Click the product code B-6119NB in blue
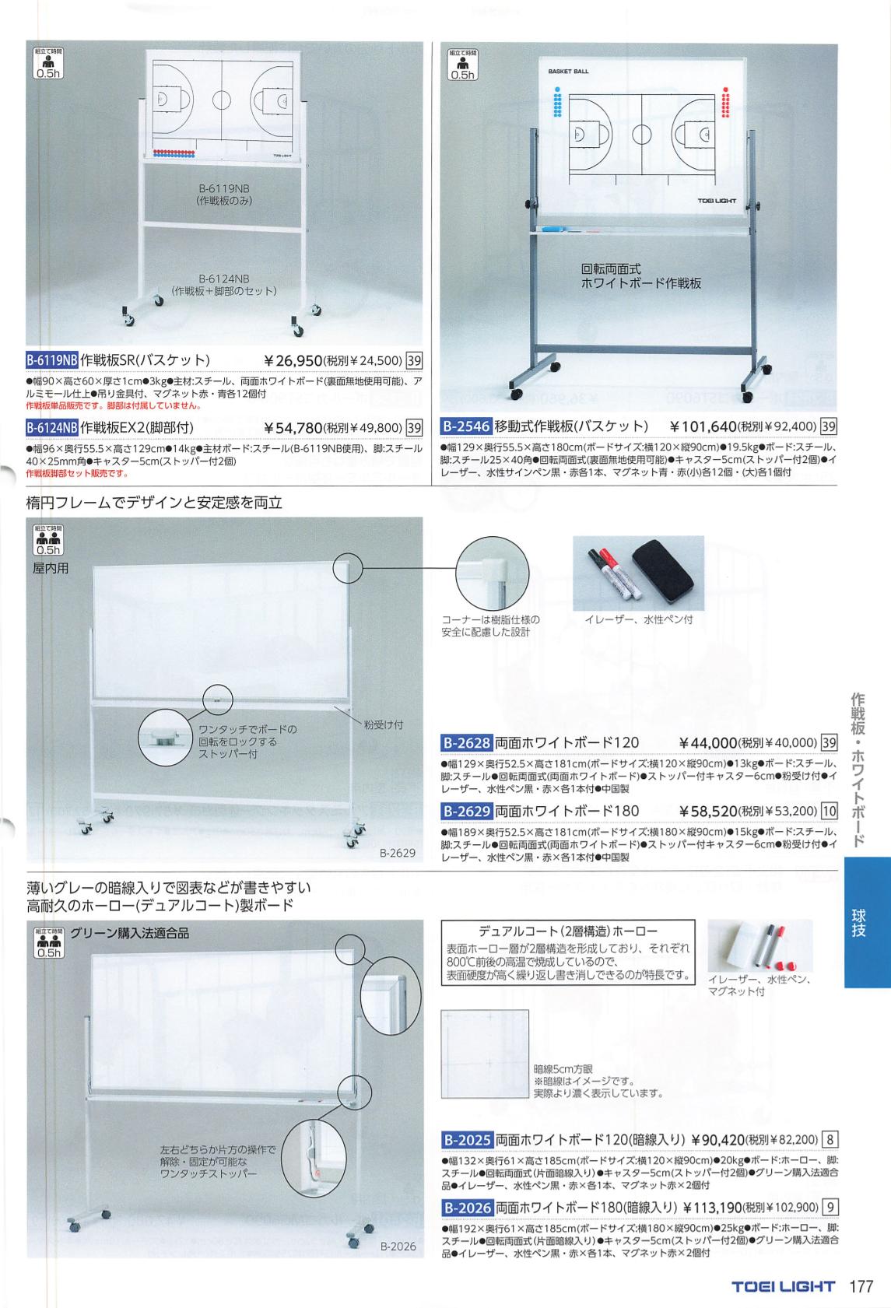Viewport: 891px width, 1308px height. (x=52, y=359)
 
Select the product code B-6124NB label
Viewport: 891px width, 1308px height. (x=52, y=427)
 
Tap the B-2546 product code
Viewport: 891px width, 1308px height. (x=466, y=426)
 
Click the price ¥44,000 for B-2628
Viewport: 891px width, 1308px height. (x=708, y=743)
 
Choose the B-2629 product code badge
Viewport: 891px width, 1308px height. (x=467, y=811)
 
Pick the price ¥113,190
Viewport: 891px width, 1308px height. (x=712, y=1207)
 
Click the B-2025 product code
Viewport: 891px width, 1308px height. (x=467, y=1139)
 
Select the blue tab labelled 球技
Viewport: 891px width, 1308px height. (x=867, y=922)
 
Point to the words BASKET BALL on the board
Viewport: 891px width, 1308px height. (x=568, y=72)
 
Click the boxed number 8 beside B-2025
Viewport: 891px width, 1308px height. (x=830, y=1139)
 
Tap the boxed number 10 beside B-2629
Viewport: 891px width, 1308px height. (x=830, y=811)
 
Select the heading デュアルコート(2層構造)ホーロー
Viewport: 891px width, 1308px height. (x=567, y=931)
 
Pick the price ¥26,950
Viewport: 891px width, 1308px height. (x=293, y=360)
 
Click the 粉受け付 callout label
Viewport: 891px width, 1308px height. (x=384, y=724)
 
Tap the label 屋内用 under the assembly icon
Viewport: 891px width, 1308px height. (x=51, y=568)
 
